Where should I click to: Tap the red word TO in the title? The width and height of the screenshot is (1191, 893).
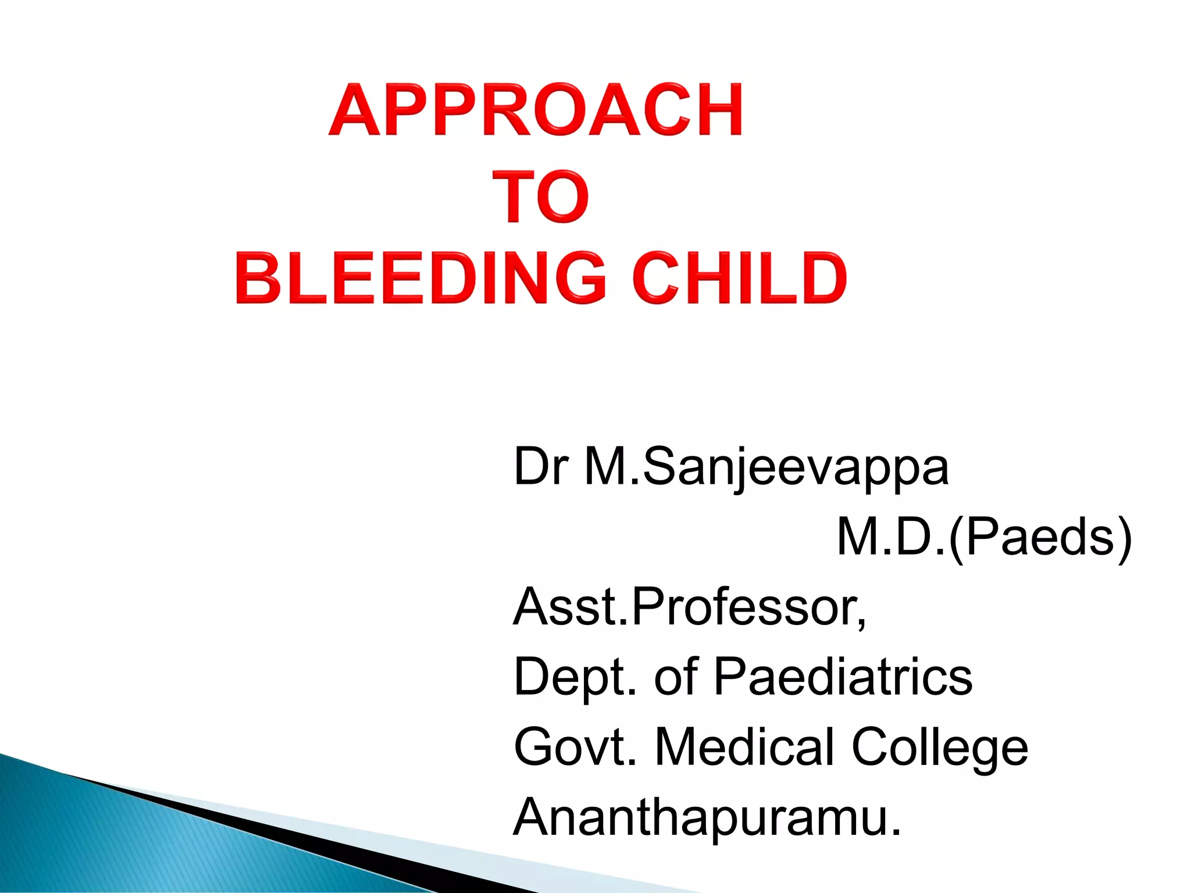click(540, 197)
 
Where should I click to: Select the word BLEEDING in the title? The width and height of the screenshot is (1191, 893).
click(421, 278)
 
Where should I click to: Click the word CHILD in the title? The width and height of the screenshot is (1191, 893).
click(739, 278)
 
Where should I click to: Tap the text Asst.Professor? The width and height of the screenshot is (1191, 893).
click(690, 607)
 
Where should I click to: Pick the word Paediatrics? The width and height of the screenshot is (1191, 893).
click(843, 677)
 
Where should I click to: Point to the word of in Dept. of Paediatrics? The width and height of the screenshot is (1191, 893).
click(676, 677)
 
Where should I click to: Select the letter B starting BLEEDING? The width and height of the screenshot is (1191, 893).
click(255, 278)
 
